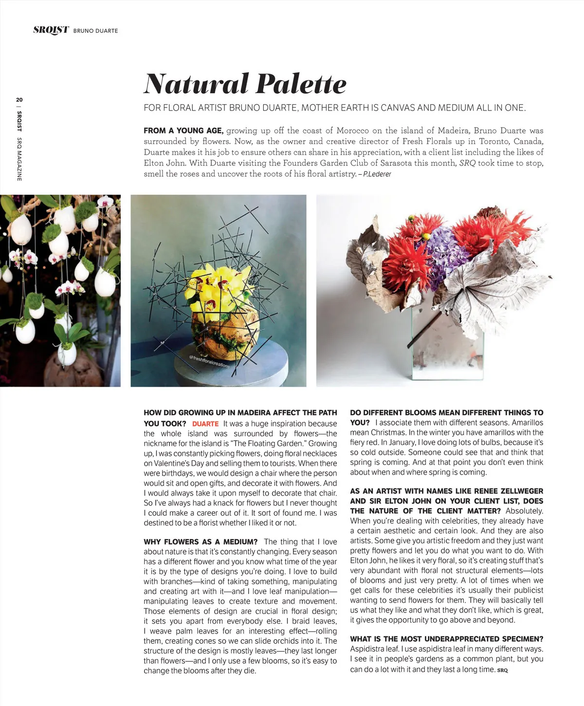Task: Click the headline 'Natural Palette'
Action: (245, 84)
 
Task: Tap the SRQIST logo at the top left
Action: (51, 30)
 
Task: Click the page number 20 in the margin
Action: (19, 100)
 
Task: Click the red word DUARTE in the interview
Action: (205, 424)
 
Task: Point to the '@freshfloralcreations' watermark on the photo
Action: (209, 361)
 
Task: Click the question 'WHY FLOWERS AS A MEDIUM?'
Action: (201, 542)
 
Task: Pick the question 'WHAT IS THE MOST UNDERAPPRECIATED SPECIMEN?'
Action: (446, 639)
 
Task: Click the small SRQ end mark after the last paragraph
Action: (502, 670)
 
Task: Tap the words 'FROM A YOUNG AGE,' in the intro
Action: (183, 130)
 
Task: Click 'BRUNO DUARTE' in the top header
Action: (95, 31)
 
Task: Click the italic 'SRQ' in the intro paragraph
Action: (467, 163)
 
